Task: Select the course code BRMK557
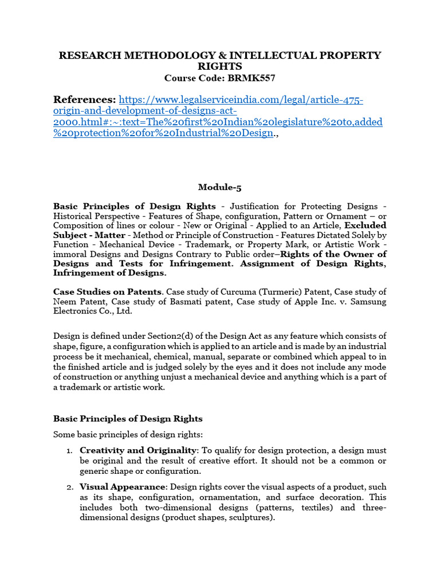[252, 78]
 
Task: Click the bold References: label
[84, 100]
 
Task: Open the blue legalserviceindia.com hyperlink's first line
[241, 101]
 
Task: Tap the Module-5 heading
[219, 187]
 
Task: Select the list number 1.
[69, 451]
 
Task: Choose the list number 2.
[69, 488]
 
